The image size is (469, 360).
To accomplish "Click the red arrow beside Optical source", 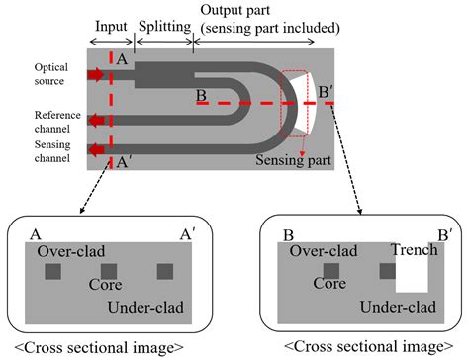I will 99,74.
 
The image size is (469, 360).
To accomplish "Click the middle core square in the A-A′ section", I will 109,271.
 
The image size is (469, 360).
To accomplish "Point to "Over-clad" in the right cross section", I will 323,251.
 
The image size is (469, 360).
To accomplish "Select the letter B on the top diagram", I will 200,96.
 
